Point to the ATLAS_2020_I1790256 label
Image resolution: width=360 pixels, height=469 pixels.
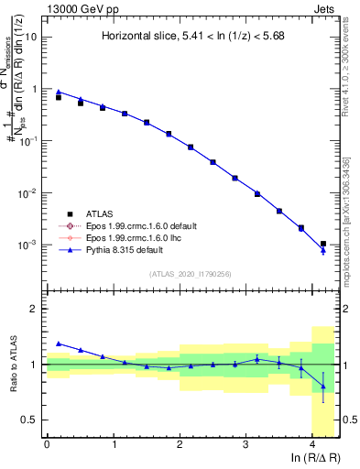point(191,274)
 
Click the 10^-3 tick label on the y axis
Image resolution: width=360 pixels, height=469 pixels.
point(28,245)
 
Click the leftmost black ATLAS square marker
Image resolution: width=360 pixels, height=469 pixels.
point(59,96)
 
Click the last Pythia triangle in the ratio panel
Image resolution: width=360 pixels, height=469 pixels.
point(322,387)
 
